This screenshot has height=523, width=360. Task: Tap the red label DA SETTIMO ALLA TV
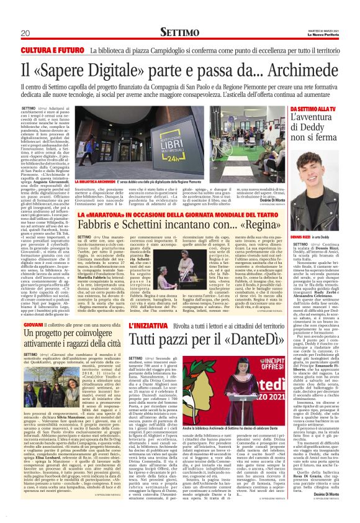tap(313, 110)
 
